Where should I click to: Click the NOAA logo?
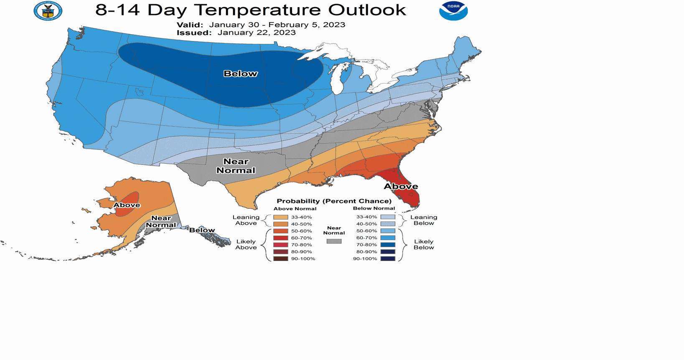453,11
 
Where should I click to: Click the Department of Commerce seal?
48,10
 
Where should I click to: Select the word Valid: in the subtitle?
190,25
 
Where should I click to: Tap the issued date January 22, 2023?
257,33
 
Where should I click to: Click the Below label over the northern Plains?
240,74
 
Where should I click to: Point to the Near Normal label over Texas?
236,166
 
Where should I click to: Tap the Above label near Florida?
401,186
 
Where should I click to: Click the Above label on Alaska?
127,205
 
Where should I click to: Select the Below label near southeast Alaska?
202,230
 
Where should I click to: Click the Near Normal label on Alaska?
161,221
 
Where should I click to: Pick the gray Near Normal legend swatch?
334,241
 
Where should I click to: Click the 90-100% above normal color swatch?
280,259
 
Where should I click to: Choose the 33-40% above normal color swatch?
280,217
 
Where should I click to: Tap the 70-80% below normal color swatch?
388,245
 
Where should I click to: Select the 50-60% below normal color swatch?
388,231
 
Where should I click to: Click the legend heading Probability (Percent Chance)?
334,201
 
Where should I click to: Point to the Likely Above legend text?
246,244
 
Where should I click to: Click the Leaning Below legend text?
424,220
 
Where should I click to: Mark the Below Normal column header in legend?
374,208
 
